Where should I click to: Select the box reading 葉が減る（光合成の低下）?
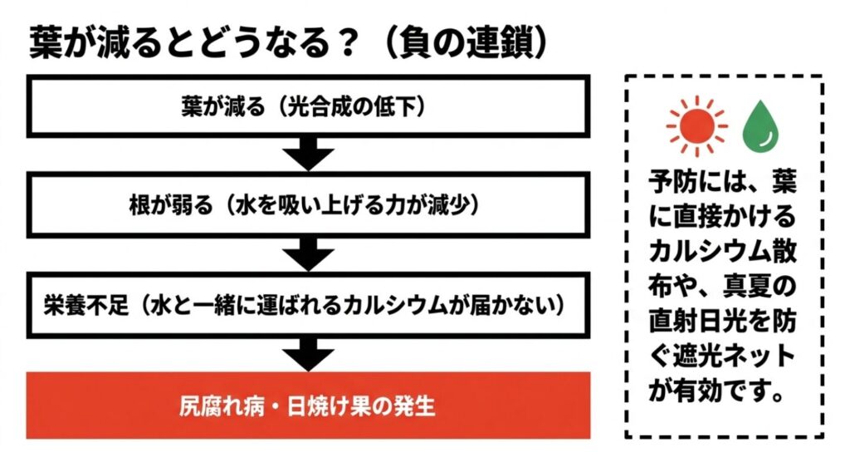pos(309,107)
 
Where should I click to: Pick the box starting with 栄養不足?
pos(309,305)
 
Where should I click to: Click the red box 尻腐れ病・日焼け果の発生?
pos(309,406)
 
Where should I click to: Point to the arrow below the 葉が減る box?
pos(309,154)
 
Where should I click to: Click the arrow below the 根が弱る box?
pos(309,253)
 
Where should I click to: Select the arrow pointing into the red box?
pos(309,352)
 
